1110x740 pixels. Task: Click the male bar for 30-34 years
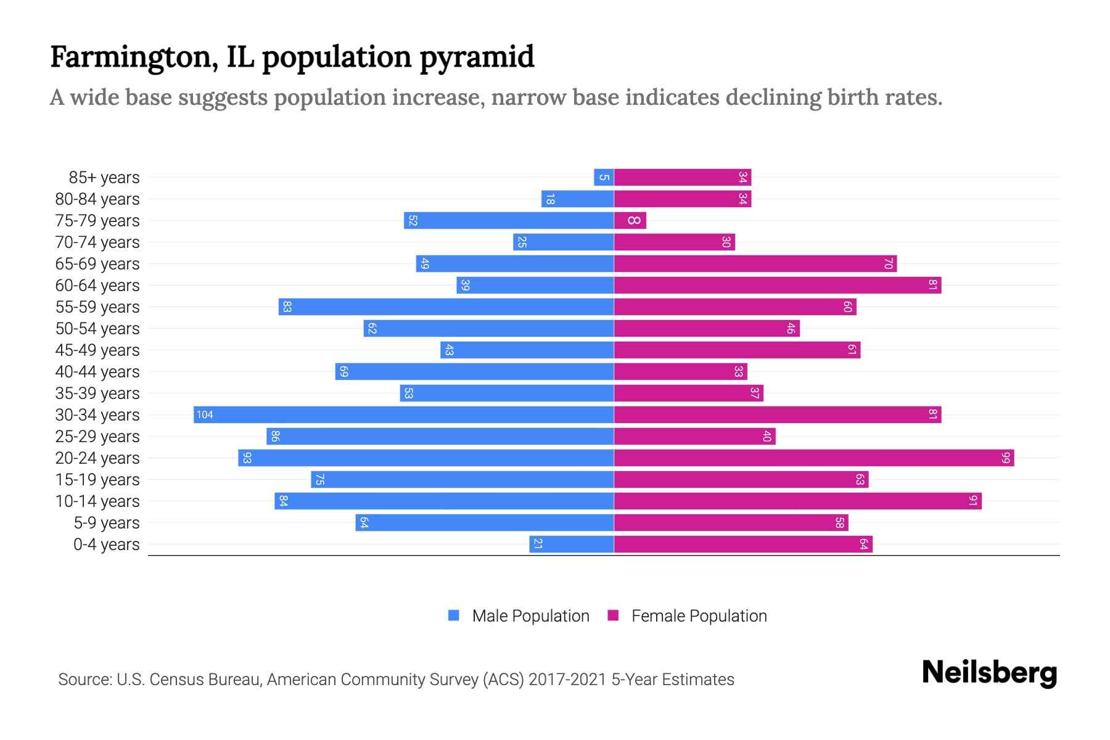404,414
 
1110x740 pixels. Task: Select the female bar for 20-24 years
814,458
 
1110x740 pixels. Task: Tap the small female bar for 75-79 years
630,220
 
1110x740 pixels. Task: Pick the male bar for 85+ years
604,178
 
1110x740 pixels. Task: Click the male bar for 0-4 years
572,544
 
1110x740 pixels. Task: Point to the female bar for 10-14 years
797,501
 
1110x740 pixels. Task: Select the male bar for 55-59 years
446,306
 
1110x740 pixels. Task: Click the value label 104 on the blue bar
205,414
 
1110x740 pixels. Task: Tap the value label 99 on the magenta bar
1006,458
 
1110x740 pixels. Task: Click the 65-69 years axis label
97,264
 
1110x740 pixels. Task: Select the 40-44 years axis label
97,372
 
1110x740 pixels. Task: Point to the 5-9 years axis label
107,523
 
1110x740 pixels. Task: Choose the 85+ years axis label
104,178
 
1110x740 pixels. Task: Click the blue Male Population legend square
454,615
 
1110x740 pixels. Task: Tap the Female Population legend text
699,615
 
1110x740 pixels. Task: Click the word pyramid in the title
477,57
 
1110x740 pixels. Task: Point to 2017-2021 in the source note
567,680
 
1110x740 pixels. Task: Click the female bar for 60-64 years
778,285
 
